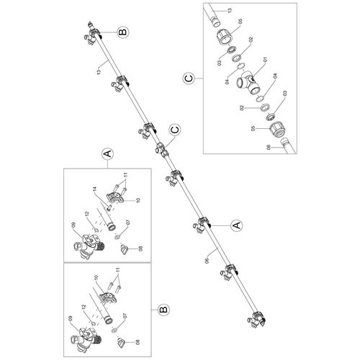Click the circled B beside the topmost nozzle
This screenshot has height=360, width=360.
123,32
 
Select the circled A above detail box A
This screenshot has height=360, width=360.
108,153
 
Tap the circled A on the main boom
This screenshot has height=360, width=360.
236,225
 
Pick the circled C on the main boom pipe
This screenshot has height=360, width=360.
175,130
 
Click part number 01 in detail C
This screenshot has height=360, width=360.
265,60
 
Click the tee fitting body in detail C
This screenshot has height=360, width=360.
248,83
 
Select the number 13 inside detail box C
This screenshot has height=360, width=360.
230,11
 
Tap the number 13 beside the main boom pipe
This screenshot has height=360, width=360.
99,71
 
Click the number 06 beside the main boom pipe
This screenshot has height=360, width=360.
207,261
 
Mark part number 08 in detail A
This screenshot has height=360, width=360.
140,248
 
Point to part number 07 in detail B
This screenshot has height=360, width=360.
125,317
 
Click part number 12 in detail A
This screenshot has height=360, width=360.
87,214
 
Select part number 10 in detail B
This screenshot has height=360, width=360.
96,278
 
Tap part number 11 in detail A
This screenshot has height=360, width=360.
125,175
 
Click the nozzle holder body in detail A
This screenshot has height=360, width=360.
89,247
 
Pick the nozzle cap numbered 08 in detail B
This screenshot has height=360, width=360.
121,342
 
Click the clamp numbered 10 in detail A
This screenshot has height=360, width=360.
114,196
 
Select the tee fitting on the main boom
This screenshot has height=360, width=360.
162,149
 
